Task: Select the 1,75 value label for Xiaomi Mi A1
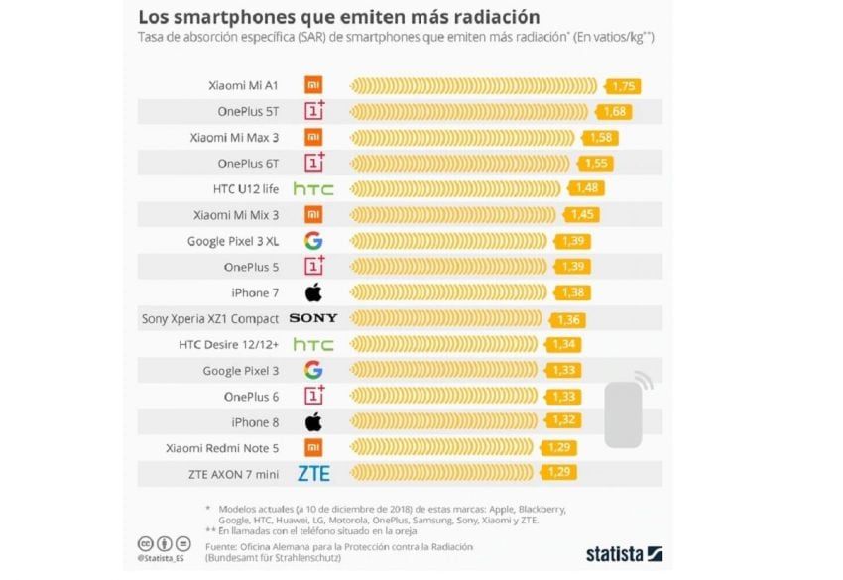625,85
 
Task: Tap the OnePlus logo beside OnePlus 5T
313,111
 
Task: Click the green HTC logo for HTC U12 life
313,188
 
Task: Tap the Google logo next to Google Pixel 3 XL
313,240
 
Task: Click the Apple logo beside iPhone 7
313,292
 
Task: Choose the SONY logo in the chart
313,318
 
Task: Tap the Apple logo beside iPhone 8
313,421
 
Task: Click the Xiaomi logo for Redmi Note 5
313,447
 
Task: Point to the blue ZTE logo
313,473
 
